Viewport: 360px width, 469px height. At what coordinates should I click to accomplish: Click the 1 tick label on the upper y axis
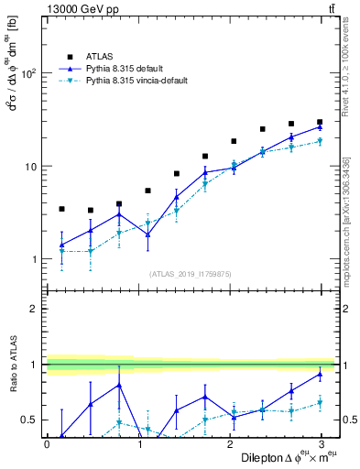point(34,260)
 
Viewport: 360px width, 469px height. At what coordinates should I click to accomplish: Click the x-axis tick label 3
point(321,444)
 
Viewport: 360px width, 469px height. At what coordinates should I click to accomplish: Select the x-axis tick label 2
point(230,444)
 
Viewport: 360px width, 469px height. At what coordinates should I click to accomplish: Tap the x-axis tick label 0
point(47,444)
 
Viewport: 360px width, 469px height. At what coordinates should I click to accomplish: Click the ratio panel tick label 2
point(34,310)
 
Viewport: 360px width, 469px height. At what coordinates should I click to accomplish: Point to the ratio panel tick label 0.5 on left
point(29,420)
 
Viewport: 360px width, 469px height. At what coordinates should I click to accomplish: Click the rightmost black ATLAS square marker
point(320,122)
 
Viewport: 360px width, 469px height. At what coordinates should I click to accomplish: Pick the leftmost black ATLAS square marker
point(61,209)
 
